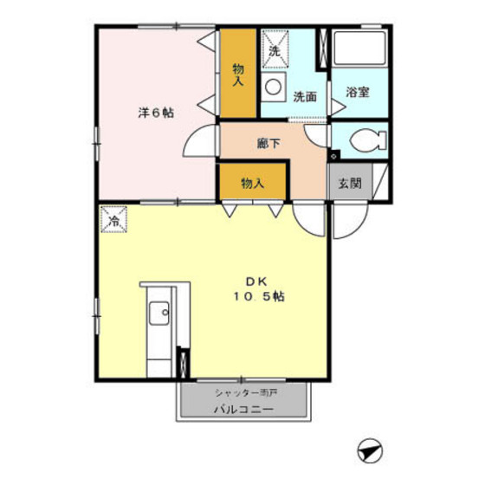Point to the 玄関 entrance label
[x=350, y=183]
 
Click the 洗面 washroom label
[x=305, y=97]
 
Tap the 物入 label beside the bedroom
[x=238, y=74]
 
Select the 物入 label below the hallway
[x=252, y=183]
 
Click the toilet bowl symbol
[x=363, y=139]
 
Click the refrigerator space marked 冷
[x=113, y=220]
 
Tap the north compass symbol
[x=369, y=451]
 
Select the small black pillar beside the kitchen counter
[x=181, y=362]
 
